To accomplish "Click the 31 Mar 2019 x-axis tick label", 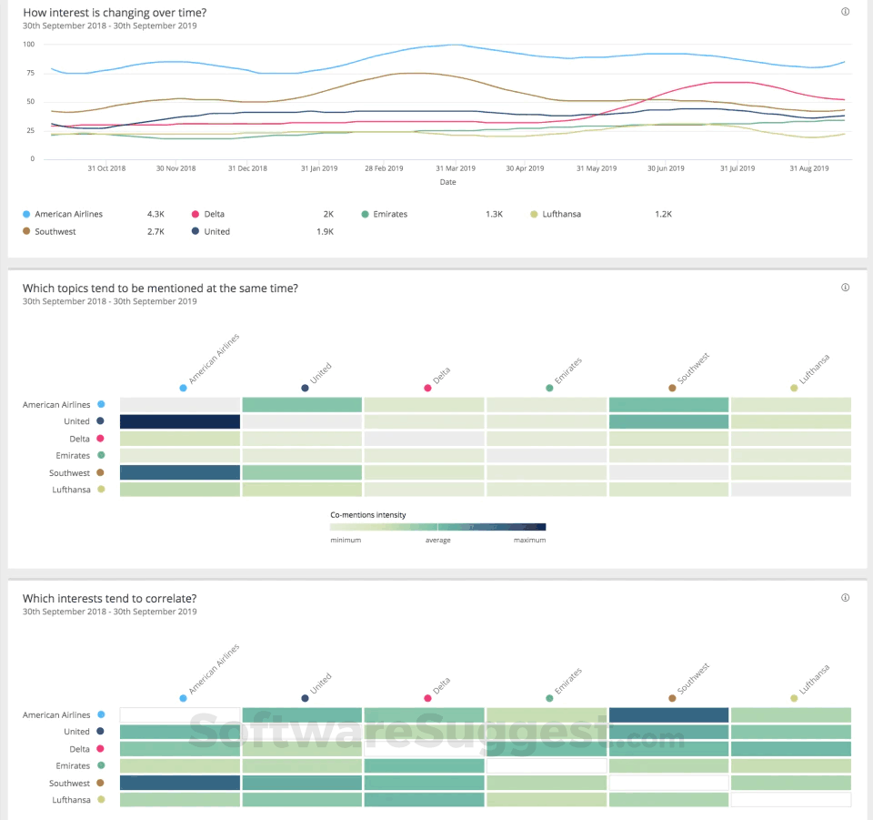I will [456, 168].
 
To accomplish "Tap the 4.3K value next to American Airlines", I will [156, 214].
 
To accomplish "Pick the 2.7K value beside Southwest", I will [156, 231].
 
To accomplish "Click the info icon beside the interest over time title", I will [845, 12].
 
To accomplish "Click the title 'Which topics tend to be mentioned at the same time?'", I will [160, 289].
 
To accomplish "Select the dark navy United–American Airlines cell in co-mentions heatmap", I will [180, 421].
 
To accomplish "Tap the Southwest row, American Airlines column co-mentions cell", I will [180, 472].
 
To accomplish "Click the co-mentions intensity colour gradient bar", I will [437, 526].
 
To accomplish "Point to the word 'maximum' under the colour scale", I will [529, 540].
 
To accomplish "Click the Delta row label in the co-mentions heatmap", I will [79, 439].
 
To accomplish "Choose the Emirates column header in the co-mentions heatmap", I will [549, 388].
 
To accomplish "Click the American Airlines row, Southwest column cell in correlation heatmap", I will [668, 715].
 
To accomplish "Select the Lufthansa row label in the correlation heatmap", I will [70, 800].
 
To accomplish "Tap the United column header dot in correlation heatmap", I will [305, 698].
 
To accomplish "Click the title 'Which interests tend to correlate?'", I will [109, 598].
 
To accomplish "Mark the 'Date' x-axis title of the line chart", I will [448, 182].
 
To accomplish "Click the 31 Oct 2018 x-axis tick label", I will [106, 168].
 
